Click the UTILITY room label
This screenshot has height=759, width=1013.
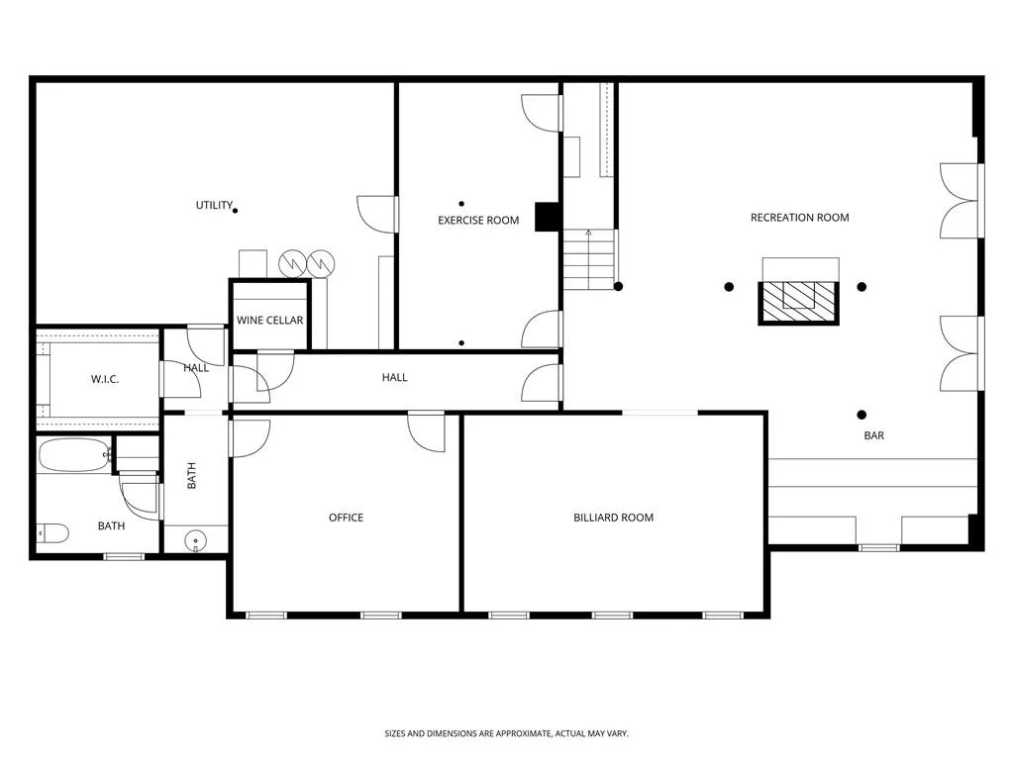coord(214,206)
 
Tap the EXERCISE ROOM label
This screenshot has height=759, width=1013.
coord(478,220)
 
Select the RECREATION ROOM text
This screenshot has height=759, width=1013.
coord(799,218)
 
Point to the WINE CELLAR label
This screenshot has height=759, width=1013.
coord(269,321)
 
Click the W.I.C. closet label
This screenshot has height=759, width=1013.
coord(105,380)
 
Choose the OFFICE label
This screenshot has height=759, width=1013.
coord(346,518)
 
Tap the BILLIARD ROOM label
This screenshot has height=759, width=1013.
coord(613,518)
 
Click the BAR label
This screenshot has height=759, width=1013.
coord(873,435)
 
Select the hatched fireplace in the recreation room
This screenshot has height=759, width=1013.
coord(798,302)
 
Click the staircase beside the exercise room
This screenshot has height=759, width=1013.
coord(588,259)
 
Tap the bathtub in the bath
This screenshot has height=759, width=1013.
coord(74,455)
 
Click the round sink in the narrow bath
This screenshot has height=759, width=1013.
coord(196,541)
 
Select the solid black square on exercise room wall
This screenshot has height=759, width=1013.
coord(547,217)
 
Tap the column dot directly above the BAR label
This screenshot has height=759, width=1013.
coord(861,415)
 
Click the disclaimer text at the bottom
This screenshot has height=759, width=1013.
coord(506,733)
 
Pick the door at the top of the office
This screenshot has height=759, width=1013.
coord(427,430)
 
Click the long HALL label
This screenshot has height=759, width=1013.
coord(394,377)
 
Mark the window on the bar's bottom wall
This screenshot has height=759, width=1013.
coord(878,547)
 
